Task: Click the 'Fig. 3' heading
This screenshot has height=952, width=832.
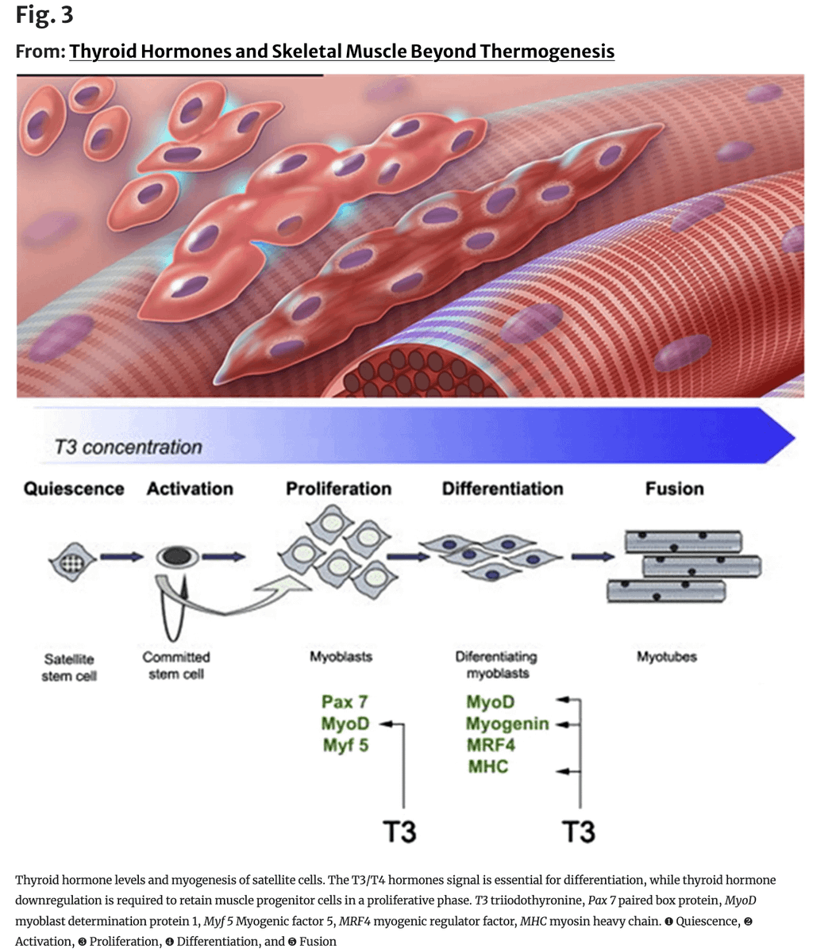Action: point(44,15)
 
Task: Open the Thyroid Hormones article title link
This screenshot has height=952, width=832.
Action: point(341,52)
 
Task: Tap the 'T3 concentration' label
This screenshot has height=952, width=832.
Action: point(128,447)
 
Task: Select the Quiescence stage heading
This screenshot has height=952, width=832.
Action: point(74,489)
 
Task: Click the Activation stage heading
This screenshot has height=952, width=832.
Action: point(190,489)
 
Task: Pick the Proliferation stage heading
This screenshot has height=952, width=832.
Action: point(338,489)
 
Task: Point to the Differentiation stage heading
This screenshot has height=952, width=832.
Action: point(503,489)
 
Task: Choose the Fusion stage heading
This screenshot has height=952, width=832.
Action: point(674,489)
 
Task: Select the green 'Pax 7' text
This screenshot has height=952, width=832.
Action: point(345,702)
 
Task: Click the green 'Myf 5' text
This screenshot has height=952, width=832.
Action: point(345,745)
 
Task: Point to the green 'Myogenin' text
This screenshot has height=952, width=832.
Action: point(507,724)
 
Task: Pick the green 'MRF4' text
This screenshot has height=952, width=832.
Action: point(491,745)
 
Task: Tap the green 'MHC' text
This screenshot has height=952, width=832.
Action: point(487,766)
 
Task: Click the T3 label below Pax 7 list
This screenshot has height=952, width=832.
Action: point(399,831)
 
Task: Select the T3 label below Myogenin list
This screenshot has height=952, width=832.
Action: point(578,831)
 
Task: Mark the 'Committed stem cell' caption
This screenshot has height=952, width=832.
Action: point(176,666)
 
